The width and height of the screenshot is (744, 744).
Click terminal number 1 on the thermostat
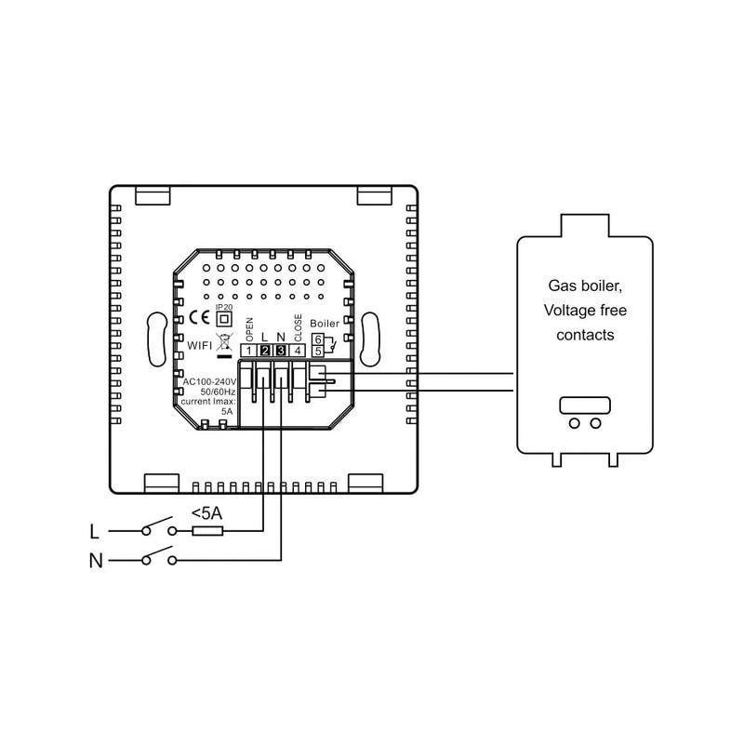coord(249,351)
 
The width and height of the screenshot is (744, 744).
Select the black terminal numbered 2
coord(265,351)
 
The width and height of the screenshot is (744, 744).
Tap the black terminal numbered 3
coord(281,351)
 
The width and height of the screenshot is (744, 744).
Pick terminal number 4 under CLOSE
coord(297,351)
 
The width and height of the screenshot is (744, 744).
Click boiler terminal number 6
coord(317,340)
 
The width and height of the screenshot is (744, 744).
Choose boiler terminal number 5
coord(317,352)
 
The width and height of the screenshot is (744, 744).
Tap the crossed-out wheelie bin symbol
coord(223,342)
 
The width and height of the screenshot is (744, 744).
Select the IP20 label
coord(223,306)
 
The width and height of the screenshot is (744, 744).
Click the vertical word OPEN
coord(249,328)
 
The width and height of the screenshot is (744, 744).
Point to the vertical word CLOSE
coord(297,326)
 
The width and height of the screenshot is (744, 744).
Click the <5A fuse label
coord(206,512)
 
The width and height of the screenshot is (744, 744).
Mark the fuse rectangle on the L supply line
coord(206,531)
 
